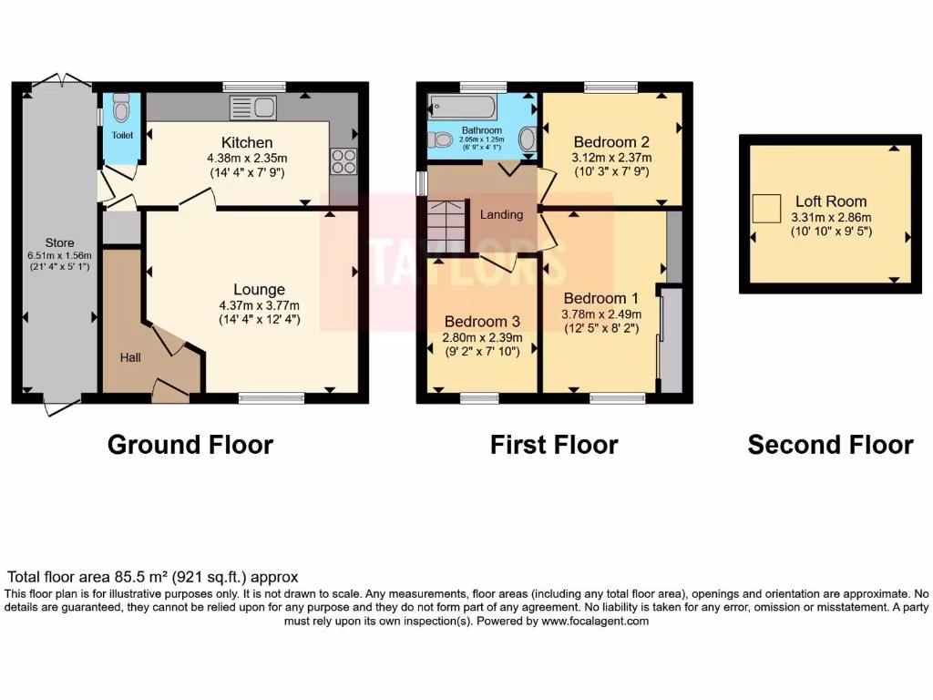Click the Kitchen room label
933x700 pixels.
point(247,143)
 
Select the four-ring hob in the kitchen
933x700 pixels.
point(343,161)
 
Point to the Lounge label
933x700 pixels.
point(258,290)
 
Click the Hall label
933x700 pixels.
point(130,358)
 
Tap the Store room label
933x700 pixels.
point(59,243)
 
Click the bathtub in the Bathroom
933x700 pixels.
point(462,108)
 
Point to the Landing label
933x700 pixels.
point(501,215)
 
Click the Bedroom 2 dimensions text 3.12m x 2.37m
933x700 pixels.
point(611,158)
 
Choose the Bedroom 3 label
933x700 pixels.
point(482,322)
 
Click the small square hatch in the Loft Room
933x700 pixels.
point(766,209)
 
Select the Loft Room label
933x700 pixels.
point(830,201)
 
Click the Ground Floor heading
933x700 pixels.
point(190,445)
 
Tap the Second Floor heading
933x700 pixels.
point(830,445)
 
